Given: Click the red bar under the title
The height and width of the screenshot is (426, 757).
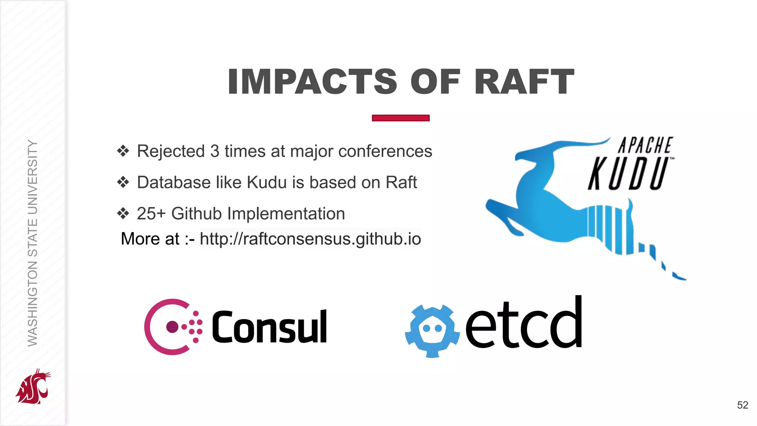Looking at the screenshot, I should tap(401, 118).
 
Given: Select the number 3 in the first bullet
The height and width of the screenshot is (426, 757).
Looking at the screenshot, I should tap(215, 151).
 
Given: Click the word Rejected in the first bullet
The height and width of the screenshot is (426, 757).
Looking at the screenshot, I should tap(171, 151).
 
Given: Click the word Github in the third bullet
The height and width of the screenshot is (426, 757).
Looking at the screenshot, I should tap(196, 214).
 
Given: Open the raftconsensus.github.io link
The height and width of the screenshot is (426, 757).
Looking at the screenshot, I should tap(310, 239).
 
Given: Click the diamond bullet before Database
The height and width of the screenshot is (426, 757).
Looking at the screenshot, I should tap(123, 182).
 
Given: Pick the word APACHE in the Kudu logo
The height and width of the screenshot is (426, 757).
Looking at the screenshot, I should tap(645, 145).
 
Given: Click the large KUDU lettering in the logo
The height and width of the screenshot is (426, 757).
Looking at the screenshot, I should tap(628, 173).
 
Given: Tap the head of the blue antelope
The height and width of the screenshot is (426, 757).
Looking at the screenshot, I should tap(529, 153).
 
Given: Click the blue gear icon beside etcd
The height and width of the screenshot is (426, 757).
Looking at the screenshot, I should tap(432, 331).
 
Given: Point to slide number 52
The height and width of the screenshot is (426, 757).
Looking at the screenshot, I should tap(743, 405).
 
